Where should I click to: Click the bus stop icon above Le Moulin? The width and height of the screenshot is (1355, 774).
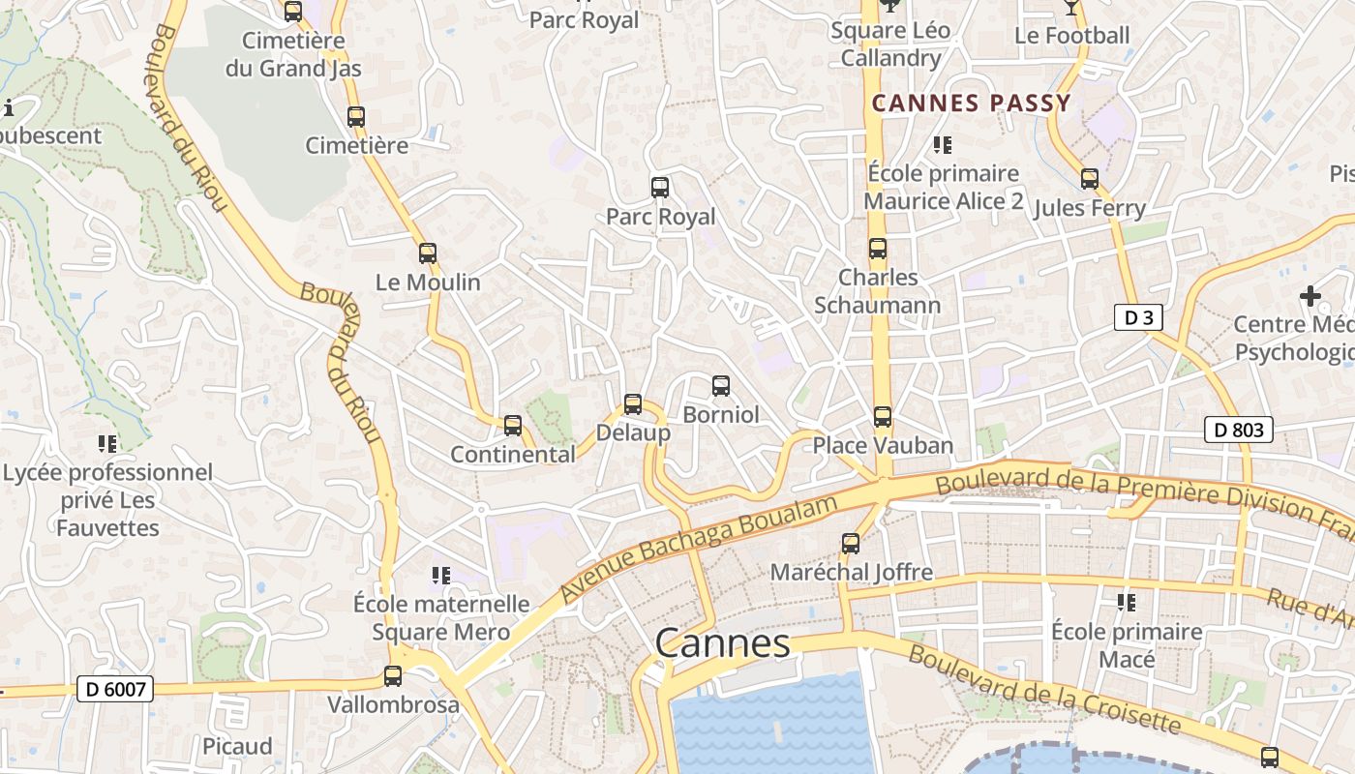point(427,253)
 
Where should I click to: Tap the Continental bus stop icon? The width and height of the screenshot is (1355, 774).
point(513,425)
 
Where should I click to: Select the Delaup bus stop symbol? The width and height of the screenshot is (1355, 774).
point(633,404)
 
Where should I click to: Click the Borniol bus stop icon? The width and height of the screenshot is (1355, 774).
point(721,386)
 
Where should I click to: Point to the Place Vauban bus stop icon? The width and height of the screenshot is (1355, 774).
point(883,417)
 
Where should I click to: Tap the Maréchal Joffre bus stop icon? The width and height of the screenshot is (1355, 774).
point(851,544)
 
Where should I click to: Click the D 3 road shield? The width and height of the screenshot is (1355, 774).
point(1137,317)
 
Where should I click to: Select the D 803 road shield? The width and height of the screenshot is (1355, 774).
point(1238,430)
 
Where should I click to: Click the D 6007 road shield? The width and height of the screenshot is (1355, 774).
point(115,689)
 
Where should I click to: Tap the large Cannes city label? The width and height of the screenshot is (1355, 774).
point(722,643)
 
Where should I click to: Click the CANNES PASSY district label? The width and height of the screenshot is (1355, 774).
point(972,104)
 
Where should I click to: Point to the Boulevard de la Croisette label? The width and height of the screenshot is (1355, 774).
point(1045,689)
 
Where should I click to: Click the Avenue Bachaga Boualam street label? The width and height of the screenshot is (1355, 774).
point(699,549)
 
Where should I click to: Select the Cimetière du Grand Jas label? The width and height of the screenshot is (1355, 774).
point(293,54)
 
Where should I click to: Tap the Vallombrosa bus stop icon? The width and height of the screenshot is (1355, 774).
point(393,676)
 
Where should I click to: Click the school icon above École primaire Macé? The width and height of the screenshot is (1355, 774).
point(1127,603)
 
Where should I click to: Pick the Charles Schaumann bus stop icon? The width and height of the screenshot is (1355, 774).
point(878,249)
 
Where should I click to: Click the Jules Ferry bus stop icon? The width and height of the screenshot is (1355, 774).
point(1090,179)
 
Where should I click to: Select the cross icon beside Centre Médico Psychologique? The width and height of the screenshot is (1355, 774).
point(1310,295)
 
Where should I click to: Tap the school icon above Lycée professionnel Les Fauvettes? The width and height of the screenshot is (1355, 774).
point(107,444)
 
